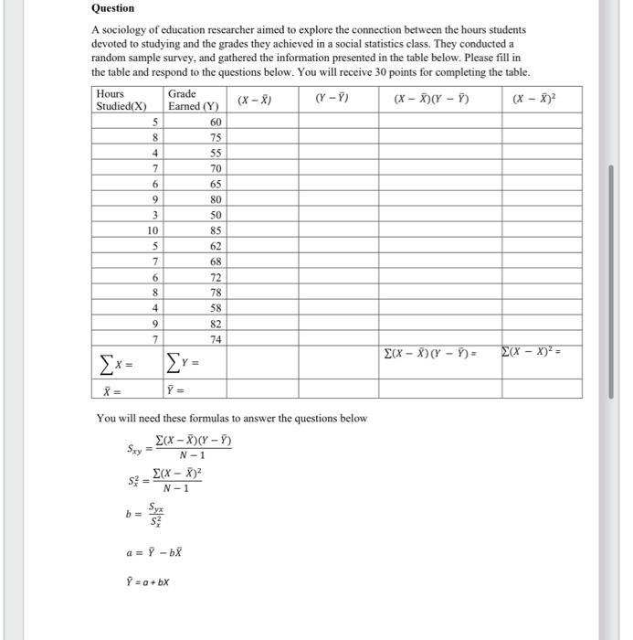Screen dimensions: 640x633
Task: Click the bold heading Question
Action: point(112,8)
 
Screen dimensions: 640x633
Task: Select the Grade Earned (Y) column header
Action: point(192,100)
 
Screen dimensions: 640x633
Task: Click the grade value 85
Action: point(216,230)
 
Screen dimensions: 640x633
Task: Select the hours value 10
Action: point(153,230)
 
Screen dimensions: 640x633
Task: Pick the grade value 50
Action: point(216,215)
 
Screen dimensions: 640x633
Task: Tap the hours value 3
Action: point(156,215)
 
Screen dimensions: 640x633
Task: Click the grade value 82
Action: point(216,324)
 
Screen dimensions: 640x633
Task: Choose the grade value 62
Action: point(216,246)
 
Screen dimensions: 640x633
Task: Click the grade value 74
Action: point(216,339)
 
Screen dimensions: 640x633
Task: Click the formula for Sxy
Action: point(179,448)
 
